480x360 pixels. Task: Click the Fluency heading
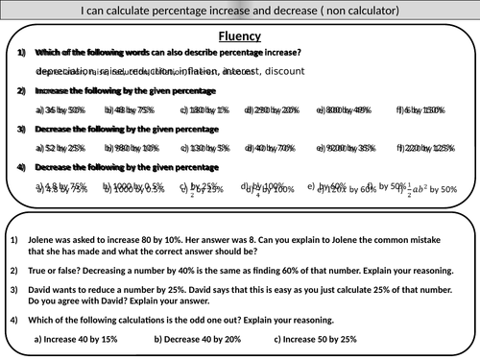click(240, 36)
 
